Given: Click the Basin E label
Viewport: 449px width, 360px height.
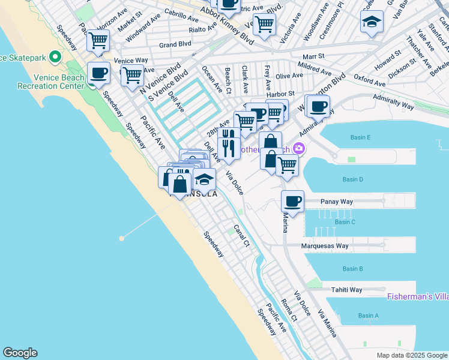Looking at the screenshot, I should (360, 137).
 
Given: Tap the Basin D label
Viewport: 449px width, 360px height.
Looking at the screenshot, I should (353, 179).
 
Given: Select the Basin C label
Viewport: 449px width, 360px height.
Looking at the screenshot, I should (345, 222).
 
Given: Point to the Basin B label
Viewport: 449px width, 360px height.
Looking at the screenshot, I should (352, 269).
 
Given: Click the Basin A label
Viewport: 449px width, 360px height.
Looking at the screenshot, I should (369, 316).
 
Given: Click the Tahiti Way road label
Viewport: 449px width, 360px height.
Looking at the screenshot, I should (347, 290).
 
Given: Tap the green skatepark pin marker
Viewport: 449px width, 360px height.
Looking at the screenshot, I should (55, 58).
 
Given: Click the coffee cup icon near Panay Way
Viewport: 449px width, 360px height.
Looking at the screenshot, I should (292, 202).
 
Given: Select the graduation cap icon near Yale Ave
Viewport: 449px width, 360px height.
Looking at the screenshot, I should (372, 22).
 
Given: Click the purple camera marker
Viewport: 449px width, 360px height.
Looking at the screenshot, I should (298, 149).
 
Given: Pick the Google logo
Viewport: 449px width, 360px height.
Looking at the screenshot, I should (20, 353).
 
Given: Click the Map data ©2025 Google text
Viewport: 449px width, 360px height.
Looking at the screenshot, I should (411, 355).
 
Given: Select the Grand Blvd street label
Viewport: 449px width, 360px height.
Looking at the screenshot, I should (175, 44).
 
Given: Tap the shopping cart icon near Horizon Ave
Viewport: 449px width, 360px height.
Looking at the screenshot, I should (98, 41).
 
